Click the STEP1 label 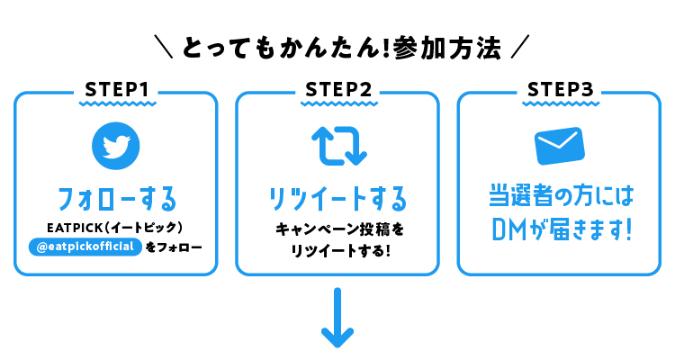(x=117, y=90)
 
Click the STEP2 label (x=338, y=90)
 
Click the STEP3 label (x=561, y=90)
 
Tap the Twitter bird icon (x=116, y=146)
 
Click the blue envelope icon (x=560, y=146)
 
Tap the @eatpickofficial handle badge (x=85, y=247)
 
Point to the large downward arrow (x=337, y=318)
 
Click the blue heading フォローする (x=117, y=199)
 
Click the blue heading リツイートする (x=337, y=199)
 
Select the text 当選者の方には (x=561, y=196)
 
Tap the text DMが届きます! (x=562, y=229)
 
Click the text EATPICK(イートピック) (x=115, y=228)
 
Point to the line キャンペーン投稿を (x=339, y=229)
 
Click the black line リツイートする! (x=340, y=250)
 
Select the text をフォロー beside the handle (x=174, y=247)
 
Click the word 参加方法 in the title (x=446, y=48)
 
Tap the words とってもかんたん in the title (x=282, y=48)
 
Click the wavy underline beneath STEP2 (x=338, y=103)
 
